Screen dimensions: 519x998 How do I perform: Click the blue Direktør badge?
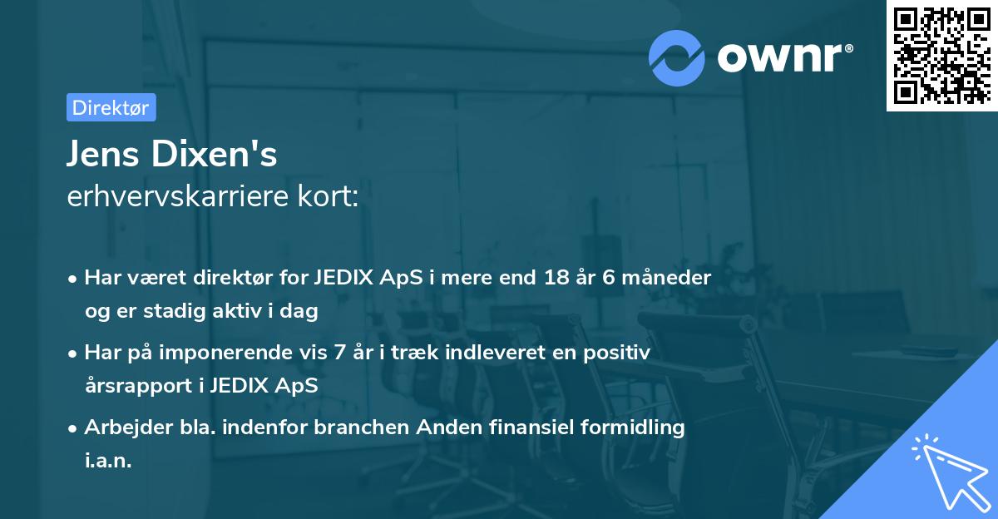[x=111, y=107]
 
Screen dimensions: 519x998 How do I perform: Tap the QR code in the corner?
[x=941, y=55]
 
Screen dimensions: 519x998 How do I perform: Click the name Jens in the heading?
[x=104, y=154]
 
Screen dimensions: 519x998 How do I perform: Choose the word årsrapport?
[x=137, y=386]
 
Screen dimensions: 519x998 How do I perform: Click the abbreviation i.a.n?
[x=108, y=461]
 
